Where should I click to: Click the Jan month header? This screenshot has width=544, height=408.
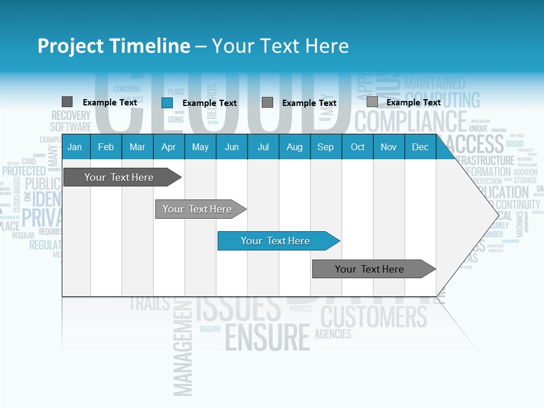click(75, 147)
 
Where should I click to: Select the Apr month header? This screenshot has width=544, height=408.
click(168, 147)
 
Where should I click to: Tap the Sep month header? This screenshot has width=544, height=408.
click(325, 147)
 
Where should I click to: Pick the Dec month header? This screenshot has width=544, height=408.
click(420, 147)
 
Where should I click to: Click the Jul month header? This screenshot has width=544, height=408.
click(263, 147)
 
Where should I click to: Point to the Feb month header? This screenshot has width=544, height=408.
click(106, 147)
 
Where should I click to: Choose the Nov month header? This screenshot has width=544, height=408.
click(388, 147)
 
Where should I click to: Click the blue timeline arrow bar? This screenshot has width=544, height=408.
click(278, 241)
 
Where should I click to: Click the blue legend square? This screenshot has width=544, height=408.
click(167, 103)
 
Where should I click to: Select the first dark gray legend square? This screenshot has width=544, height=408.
click(67, 102)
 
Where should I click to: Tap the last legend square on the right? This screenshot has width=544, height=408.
click(372, 102)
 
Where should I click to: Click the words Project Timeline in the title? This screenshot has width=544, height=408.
click(113, 46)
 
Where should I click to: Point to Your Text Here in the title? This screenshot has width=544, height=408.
click(280, 46)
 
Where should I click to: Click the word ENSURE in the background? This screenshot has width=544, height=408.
click(267, 337)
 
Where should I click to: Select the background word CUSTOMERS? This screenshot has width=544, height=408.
click(374, 316)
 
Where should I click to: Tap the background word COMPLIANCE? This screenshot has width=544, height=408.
click(410, 121)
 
